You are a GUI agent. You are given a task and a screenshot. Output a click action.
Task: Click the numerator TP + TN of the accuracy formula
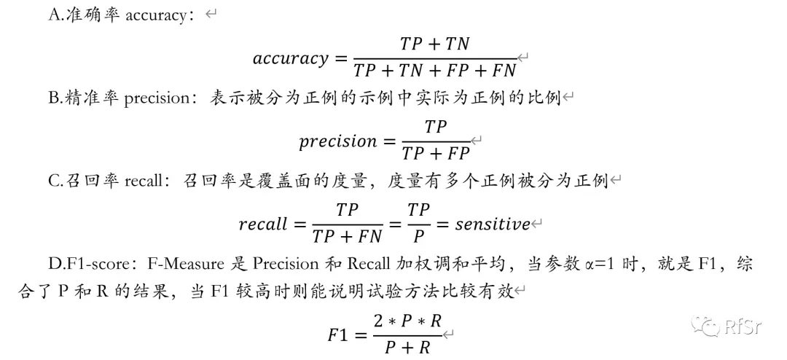pos(435,44)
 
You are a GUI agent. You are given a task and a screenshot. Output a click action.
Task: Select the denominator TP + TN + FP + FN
pos(435,71)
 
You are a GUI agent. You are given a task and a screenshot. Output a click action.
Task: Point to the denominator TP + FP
pos(436,153)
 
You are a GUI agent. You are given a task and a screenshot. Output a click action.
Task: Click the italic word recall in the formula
pos(263,224)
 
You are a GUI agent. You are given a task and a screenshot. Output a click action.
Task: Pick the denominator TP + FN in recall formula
pos(347,236)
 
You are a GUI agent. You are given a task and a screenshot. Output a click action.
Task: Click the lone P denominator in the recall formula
pos(418,236)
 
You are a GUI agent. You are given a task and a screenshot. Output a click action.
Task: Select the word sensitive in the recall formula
pos(493,224)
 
